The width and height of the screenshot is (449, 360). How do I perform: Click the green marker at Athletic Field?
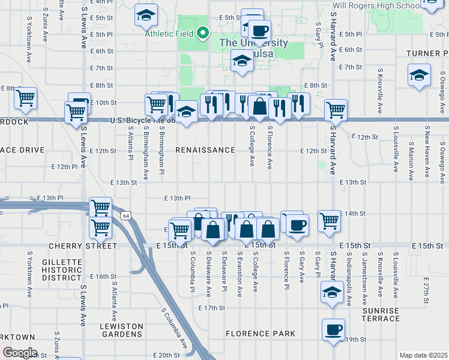coord(203,33)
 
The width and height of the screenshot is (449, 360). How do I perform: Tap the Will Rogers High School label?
coord(377,6)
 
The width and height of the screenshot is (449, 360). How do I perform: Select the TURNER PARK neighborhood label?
coord(427,53)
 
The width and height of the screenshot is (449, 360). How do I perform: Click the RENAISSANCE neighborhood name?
coord(205,149)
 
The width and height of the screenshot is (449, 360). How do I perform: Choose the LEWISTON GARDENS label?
coord(121,330)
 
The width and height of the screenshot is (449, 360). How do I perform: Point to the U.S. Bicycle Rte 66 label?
coord(143,121)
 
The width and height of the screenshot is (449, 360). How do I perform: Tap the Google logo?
coord(20,352)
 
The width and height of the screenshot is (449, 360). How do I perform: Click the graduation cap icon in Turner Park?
coord(419,76)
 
